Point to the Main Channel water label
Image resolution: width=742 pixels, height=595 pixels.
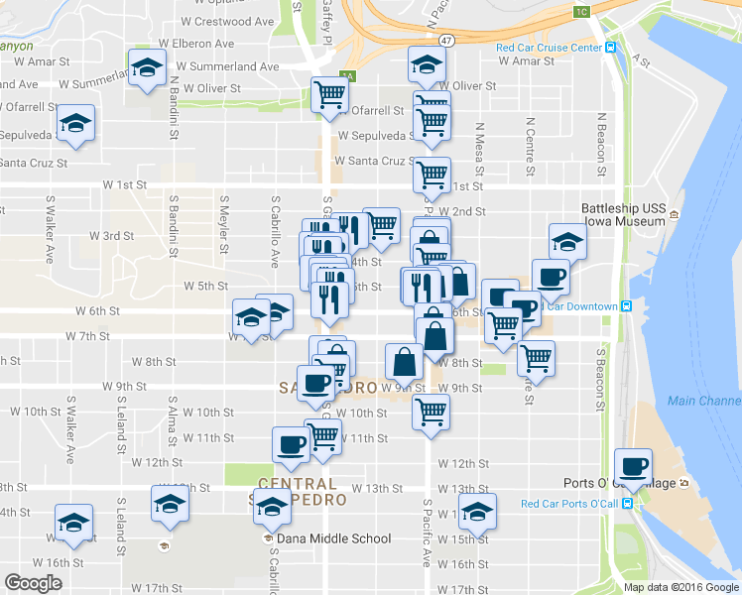coord(703,401)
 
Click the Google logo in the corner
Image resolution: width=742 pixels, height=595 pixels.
coord(33,583)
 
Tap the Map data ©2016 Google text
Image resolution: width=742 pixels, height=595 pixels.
coord(680,587)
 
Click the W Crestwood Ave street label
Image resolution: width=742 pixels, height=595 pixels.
coord(227,21)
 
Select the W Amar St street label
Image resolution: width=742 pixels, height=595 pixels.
coord(526,61)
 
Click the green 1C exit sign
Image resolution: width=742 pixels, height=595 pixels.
coord(582,12)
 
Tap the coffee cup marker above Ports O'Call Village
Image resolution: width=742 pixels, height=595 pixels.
coord(632,464)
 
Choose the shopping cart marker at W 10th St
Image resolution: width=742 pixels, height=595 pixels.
coord(432,410)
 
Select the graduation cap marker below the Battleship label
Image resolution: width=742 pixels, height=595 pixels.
coord(567,241)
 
